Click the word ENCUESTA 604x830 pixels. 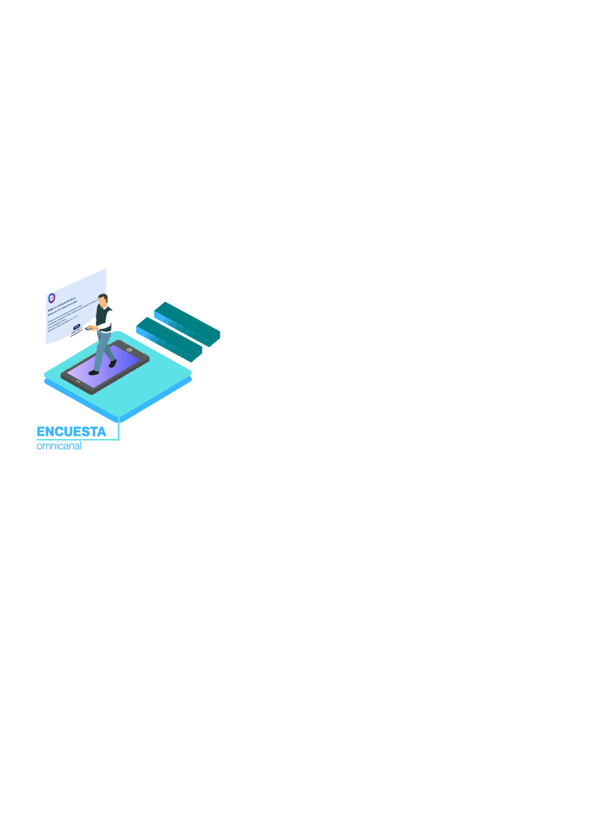point(71,432)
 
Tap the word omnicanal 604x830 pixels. point(59,446)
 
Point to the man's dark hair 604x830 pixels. point(103,297)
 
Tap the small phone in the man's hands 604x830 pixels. point(89,328)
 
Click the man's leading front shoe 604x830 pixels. point(93,373)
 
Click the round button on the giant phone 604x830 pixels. point(129,350)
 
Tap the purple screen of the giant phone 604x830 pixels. point(104,368)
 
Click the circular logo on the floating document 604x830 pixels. point(52,298)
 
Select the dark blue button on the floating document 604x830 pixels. point(77,327)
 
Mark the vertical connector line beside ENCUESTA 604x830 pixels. point(119,430)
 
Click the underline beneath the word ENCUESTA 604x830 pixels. point(78,440)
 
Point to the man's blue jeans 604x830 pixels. point(103,347)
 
